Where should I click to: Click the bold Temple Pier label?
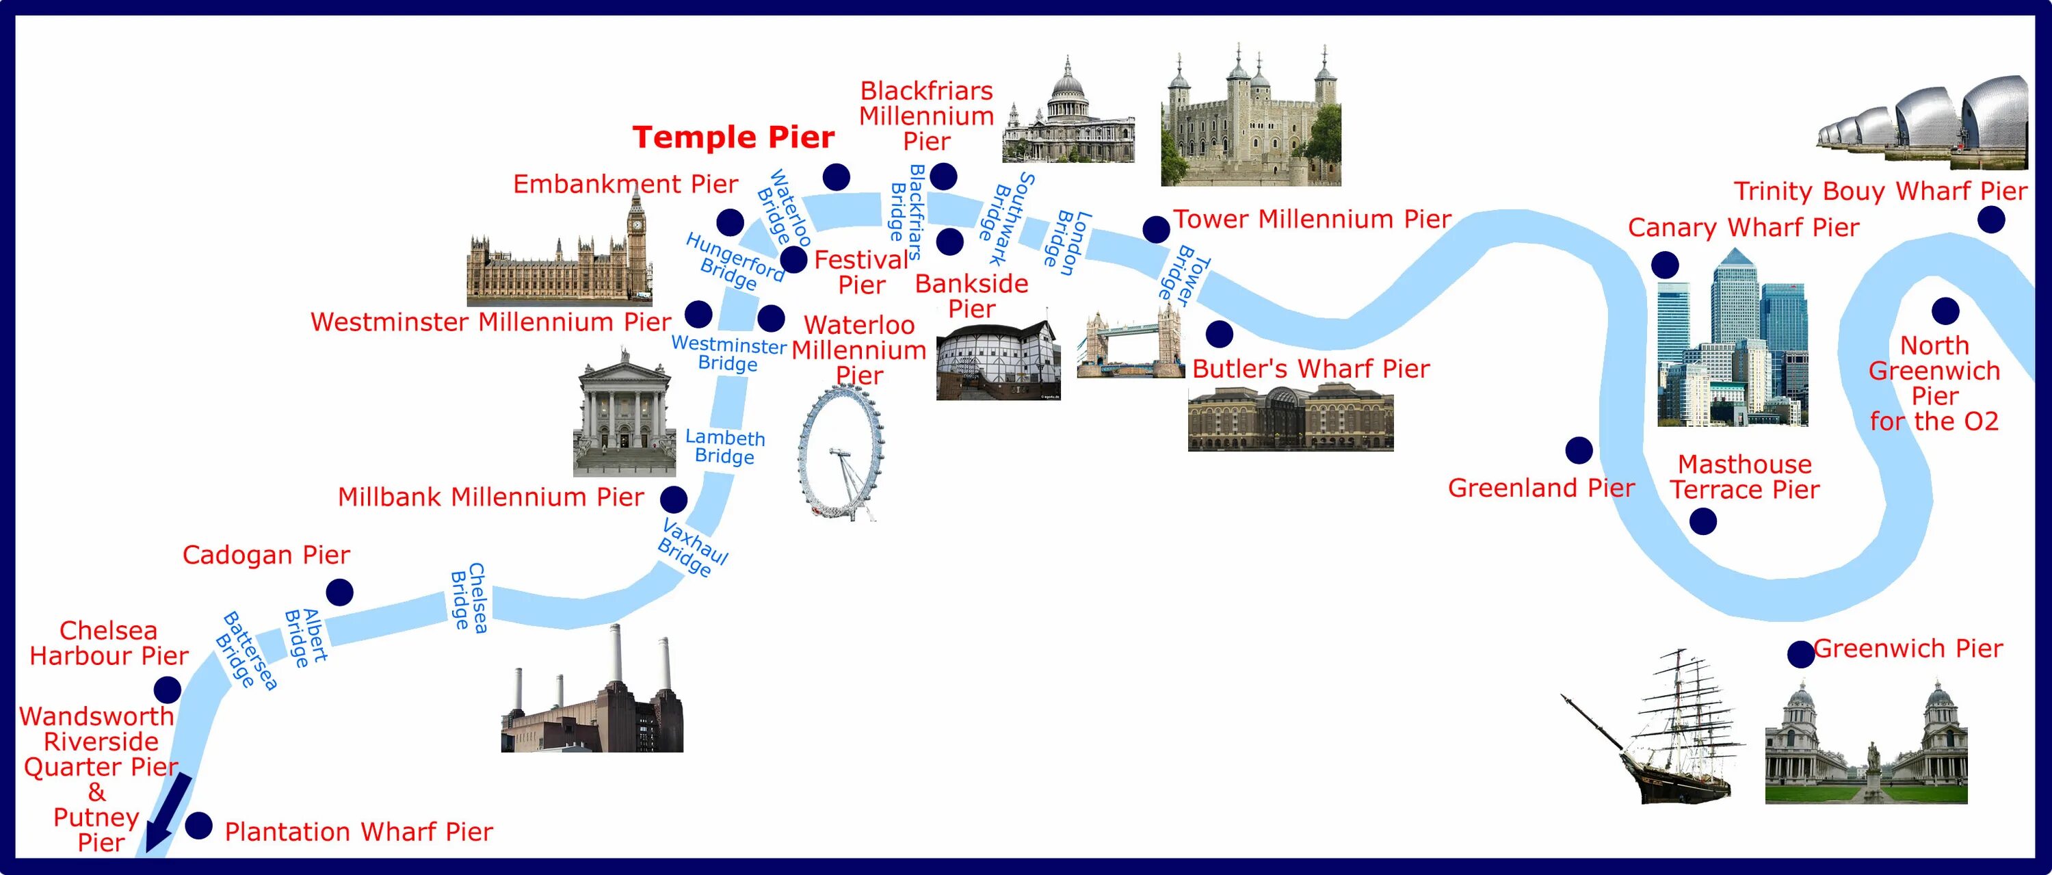pyautogui.click(x=733, y=138)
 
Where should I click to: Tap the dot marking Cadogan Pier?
pyautogui.click(x=339, y=592)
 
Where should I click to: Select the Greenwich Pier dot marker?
pyautogui.click(x=1800, y=654)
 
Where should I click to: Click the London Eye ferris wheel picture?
pyautogui.click(x=841, y=453)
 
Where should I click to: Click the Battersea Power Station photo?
pyautogui.click(x=592, y=701)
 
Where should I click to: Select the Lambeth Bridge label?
pyautogui.click(x=725, y=447)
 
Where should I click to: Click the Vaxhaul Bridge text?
pyautogui.click(x=692, y=547)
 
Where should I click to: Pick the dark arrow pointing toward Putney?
pyautogui.click(x=168, y=813)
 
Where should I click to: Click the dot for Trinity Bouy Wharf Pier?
pyautogui.click(x=1990, y=219)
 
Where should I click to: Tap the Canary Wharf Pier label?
pyautogui.click(x=1743, y=228)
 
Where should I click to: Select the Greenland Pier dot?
pyautogui.click(x=1579, y=450)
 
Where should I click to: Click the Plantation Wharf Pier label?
pyautogui.click(x=358, y=832)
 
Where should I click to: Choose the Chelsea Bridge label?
pyautogui.click(x=469, y=598)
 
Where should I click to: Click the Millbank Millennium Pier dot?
pyautogui.click(x=673, y=499)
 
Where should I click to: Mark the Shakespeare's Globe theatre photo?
pyautogui.click(x=997, y=361)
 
